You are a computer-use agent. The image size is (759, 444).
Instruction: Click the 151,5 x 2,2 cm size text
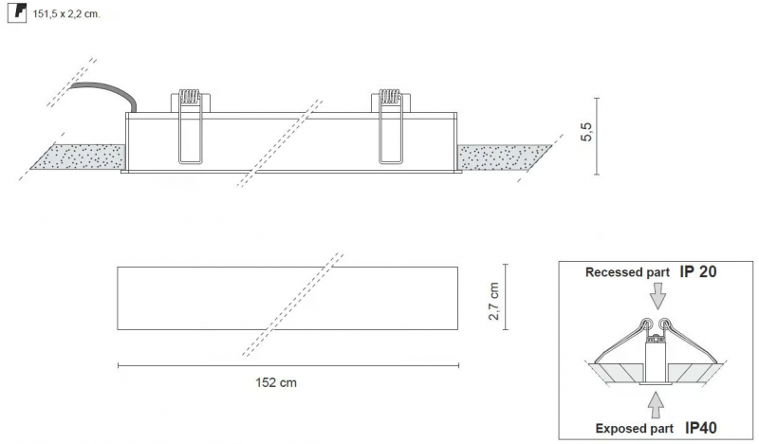pyautogui.click(x=65, y=14)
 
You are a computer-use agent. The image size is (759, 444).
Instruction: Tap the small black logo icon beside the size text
pyautogui.click(x=17, y=12)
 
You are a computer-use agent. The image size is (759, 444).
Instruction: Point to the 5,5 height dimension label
pyautogui.click(x=586, y=132)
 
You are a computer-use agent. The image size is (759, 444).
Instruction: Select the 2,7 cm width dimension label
pyautogui.click(x=493, y=301)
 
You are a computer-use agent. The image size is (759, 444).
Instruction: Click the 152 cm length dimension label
pyautogui.click(x=276, y=382)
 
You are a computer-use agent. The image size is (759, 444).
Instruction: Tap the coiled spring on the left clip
pyautogui.click(x=189, y=97)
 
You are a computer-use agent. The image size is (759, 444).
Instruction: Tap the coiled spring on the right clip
pyautogui.click(x=390, y=97)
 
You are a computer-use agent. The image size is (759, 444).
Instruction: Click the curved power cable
pyautogui.click(x=107, y=92)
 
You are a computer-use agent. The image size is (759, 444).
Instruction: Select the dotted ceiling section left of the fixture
pyautogui.click(x=78, y=157)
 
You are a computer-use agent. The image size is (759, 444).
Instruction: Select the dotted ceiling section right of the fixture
pyautogui.click(x=505, y=157)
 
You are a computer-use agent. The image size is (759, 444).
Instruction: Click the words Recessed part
pyautogui.click(x=627, y=272)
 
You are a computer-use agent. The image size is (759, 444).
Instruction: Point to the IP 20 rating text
pyautogui.click(x=698, y=271)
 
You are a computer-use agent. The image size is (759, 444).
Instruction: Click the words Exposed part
pyautogui.click(x=634, y=429)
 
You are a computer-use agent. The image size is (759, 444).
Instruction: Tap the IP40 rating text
pyautogui.click(x=701, y=428)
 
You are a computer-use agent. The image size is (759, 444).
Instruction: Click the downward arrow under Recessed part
pyautogui.click(x=657, y=296)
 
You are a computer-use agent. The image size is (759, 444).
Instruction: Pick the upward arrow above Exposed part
pyautogui.click(x=656, y=405)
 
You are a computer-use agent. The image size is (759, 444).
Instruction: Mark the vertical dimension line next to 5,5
pyautogui.click(x=597, y=136)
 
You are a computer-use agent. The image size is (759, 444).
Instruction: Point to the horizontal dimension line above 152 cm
pyautogui.click(x=288, y=366)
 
